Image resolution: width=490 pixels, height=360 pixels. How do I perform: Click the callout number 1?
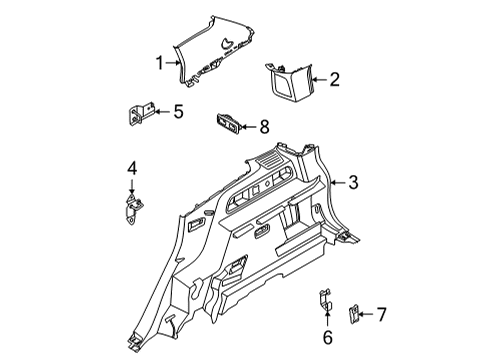pos(157,63)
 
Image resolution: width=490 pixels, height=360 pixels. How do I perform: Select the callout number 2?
pos(335,78)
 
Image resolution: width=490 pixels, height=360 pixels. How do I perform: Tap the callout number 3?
pos(353,182)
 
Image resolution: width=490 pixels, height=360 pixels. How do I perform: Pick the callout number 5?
pos(179,112)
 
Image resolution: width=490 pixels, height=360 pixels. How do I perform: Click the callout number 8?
pos(265,126)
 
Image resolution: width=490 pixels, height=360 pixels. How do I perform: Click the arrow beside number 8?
pos(250,126)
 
